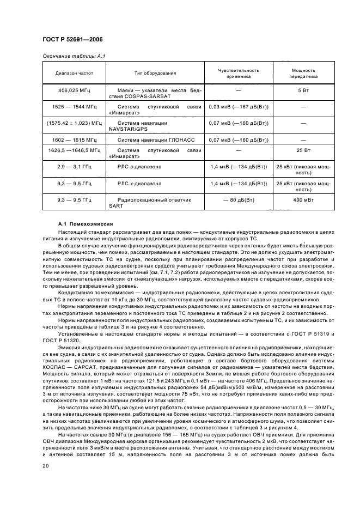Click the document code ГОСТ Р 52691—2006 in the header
click(x=72, y=40)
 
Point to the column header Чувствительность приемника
click(x=239, y=73)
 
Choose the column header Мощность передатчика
click(x=303, y=73)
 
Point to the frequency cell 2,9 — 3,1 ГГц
click(x=74, y=166)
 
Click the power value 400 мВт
click(x=303, y=201)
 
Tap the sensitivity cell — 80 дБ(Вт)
click(x=239, y=201)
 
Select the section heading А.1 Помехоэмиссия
click(x=86, y=224)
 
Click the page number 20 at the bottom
click(x=46, y=465)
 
